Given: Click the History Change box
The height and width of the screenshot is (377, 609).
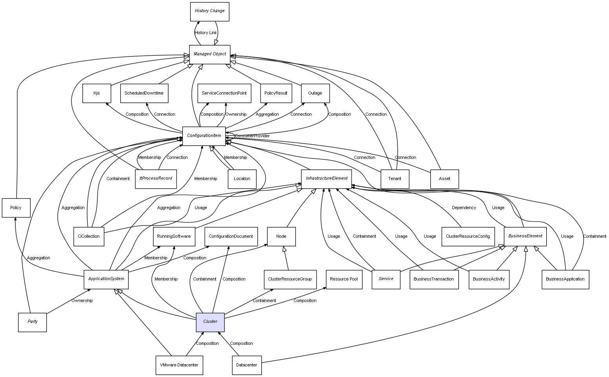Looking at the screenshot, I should click(x=210, y=11).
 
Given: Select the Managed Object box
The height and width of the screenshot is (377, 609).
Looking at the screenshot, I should click(x=210, y=54).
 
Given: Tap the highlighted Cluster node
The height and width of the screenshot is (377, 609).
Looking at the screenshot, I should click(x=210, y=322).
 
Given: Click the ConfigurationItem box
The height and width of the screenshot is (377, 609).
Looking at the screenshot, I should click(x=204, y=136).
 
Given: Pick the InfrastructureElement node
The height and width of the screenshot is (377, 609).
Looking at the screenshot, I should click(x=326, y=178).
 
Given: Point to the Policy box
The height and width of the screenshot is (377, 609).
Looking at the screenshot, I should click(x=16, y=208).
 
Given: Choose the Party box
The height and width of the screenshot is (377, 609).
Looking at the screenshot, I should click(x=33, y=322).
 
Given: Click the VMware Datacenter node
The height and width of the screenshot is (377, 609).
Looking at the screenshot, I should click(x=179, y=365).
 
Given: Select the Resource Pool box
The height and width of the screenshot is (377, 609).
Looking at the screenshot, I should click(x=344, y=279).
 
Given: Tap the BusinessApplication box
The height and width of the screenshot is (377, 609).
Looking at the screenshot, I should click(x=565, y=279).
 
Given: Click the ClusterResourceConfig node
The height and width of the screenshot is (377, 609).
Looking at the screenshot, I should click(x=468, y=237).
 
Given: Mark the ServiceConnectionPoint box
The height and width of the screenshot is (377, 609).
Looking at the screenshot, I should click(x=224, y=93).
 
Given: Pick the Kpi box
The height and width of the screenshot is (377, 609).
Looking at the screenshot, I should click(x=97, y=93).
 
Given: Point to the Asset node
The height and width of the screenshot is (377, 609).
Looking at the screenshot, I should click(x=445, y=179).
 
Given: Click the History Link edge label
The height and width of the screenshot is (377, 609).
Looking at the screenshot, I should click(x=206, y=33).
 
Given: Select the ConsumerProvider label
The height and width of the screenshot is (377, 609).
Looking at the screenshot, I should click(x=252, y=136).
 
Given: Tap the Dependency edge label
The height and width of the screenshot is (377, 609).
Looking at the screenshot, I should click(x=464, y=208).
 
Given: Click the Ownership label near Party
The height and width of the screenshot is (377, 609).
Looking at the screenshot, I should click(x=82, y=301).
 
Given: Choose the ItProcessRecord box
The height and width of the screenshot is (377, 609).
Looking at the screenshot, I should click(x=156, y=178).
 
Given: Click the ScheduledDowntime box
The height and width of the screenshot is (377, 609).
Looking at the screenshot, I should click(x=144, y=93).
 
